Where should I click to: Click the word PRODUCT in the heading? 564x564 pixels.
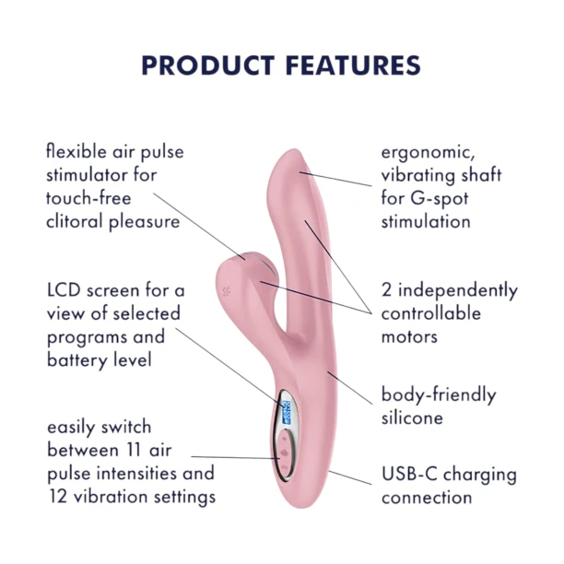(208, 65)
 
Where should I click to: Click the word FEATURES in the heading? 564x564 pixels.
(353, 65)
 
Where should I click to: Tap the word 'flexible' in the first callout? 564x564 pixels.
(76, 151)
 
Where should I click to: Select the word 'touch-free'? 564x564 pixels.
(88, 198)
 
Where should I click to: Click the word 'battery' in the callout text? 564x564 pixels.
(77, 360)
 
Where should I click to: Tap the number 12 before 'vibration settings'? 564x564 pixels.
(57, 497)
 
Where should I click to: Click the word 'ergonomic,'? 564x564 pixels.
(428, 153)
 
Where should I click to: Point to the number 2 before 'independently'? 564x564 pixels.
(386, 290)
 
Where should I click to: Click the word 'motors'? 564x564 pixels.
(409, 337)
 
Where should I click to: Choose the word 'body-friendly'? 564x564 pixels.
(439, 395)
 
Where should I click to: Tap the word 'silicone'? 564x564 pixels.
(412, 417)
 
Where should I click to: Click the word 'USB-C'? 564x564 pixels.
(410, 474)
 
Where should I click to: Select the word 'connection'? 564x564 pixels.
(427, 498)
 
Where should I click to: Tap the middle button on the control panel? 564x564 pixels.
(284, 452)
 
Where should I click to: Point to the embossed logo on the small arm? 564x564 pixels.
(227, 291)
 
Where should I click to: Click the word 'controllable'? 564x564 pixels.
(431, 313)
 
